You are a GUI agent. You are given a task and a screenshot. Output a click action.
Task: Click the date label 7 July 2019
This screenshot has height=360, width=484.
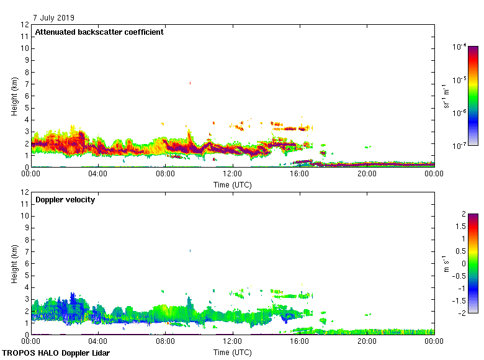point(54,17)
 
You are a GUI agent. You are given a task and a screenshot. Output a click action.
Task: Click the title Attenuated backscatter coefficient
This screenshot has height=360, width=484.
point(99,32)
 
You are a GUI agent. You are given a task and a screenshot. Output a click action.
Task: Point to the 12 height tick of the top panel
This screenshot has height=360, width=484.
point(25,25)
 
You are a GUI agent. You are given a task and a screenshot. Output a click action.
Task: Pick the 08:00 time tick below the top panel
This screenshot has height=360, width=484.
point(166,174)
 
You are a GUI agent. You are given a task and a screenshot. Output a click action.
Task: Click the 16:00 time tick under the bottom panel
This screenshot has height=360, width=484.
point(300,342)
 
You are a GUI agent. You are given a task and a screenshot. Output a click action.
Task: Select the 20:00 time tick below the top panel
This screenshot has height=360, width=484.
point(367,174)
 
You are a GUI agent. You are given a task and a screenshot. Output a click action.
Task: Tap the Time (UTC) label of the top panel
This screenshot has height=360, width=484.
point(232,184)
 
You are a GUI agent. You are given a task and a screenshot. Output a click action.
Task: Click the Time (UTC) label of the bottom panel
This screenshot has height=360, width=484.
point(232,352)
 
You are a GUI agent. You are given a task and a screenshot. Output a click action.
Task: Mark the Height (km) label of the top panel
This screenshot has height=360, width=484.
point(14,96)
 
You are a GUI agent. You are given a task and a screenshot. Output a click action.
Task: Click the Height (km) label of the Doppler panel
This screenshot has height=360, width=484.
point(14,264)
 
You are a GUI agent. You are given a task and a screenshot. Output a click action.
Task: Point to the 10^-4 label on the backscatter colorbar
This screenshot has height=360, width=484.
point(460,46)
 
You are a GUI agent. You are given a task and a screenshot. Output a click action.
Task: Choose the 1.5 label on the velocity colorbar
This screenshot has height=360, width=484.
point(460,227)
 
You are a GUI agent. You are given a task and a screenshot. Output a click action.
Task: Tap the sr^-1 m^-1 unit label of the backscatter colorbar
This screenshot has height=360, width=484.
point(447,96)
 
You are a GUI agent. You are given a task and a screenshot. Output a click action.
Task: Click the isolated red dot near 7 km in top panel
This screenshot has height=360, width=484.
point(190,83)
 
